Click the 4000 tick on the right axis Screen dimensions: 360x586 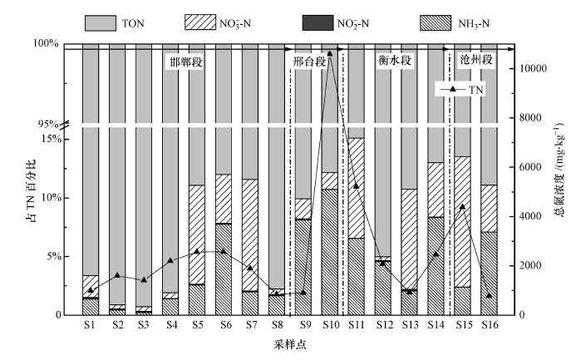(525, 216)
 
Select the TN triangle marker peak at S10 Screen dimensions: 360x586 (330, 53)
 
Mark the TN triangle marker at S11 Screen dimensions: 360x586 (356, 185)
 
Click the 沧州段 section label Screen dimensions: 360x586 (476, 61)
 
